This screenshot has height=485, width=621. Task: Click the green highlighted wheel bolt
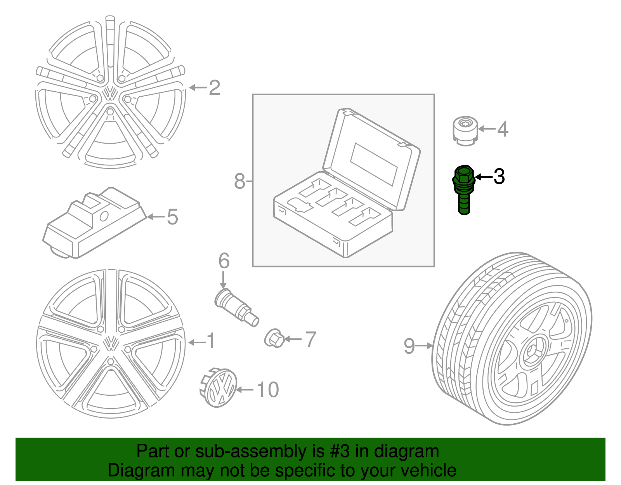point(464,189)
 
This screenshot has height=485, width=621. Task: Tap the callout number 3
point(499,177)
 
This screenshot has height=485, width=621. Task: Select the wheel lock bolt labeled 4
point(465,131)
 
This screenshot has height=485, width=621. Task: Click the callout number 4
point(503,129)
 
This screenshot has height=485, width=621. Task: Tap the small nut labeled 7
point(274,338)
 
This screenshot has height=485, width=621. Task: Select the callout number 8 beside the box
point(239,181)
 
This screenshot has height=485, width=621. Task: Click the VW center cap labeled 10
point(219,388)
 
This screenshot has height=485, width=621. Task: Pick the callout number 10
point(268,389)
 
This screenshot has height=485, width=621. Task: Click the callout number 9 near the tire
point(409,346)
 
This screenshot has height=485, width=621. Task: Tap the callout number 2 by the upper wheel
point(214,88)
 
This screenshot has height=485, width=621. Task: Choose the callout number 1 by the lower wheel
point(210,341)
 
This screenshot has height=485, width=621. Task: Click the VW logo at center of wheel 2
point(110,93)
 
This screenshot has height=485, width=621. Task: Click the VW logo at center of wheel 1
point(111,344)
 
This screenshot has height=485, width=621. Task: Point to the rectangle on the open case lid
point(374,164)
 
